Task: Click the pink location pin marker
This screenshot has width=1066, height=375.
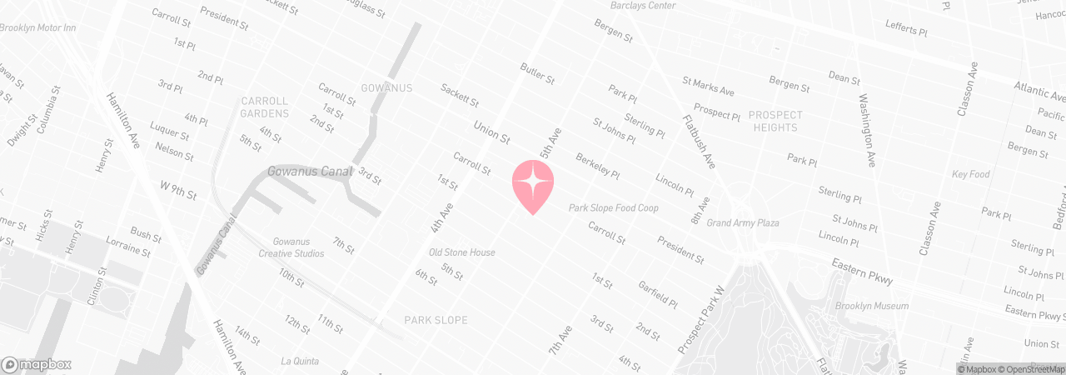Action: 533,184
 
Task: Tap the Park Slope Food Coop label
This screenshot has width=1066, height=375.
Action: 613,207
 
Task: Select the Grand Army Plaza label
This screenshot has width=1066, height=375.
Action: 742,223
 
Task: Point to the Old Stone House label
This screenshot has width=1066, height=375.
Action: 461,252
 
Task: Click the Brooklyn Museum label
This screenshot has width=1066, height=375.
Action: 872,307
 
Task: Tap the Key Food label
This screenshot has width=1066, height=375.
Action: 971,175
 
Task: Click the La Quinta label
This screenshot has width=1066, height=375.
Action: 300,361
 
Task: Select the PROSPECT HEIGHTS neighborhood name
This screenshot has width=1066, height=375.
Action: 775,121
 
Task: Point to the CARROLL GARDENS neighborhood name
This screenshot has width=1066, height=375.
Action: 265,107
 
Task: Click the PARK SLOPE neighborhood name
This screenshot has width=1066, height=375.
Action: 436,320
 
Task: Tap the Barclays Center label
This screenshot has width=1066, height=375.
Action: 640,6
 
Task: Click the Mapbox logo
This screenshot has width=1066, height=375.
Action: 37,364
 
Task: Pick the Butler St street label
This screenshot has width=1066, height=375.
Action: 537,73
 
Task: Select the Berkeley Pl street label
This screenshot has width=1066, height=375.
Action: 598,166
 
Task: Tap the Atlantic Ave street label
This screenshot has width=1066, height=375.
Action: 1039,87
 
